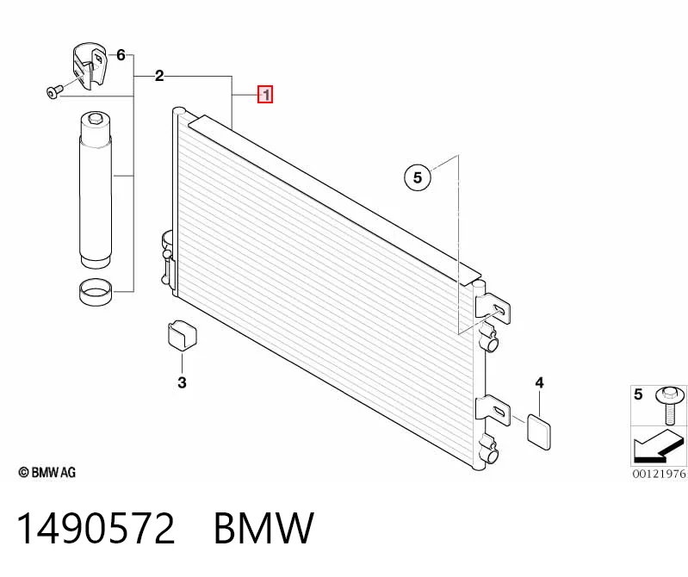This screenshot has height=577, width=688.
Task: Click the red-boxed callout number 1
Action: pyautogui.click(x=265, y=95)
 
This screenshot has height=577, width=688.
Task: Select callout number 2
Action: pyautogui.click(x=159, y=76)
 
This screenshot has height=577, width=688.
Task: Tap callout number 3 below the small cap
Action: pyautogui.click(x=182, y=382)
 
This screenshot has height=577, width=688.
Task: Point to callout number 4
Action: pyautogui.click(x=539, y=382)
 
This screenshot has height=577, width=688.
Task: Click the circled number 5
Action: pyautogui.click(x=418, y=177)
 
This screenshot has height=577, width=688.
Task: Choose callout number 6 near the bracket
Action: pyautogui.click(x=121, y=55)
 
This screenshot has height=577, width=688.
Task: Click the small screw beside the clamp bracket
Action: pyautogui.click(x=53, y=91)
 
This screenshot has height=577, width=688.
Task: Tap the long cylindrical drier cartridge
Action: pyautogui.click(x=96, y=189)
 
